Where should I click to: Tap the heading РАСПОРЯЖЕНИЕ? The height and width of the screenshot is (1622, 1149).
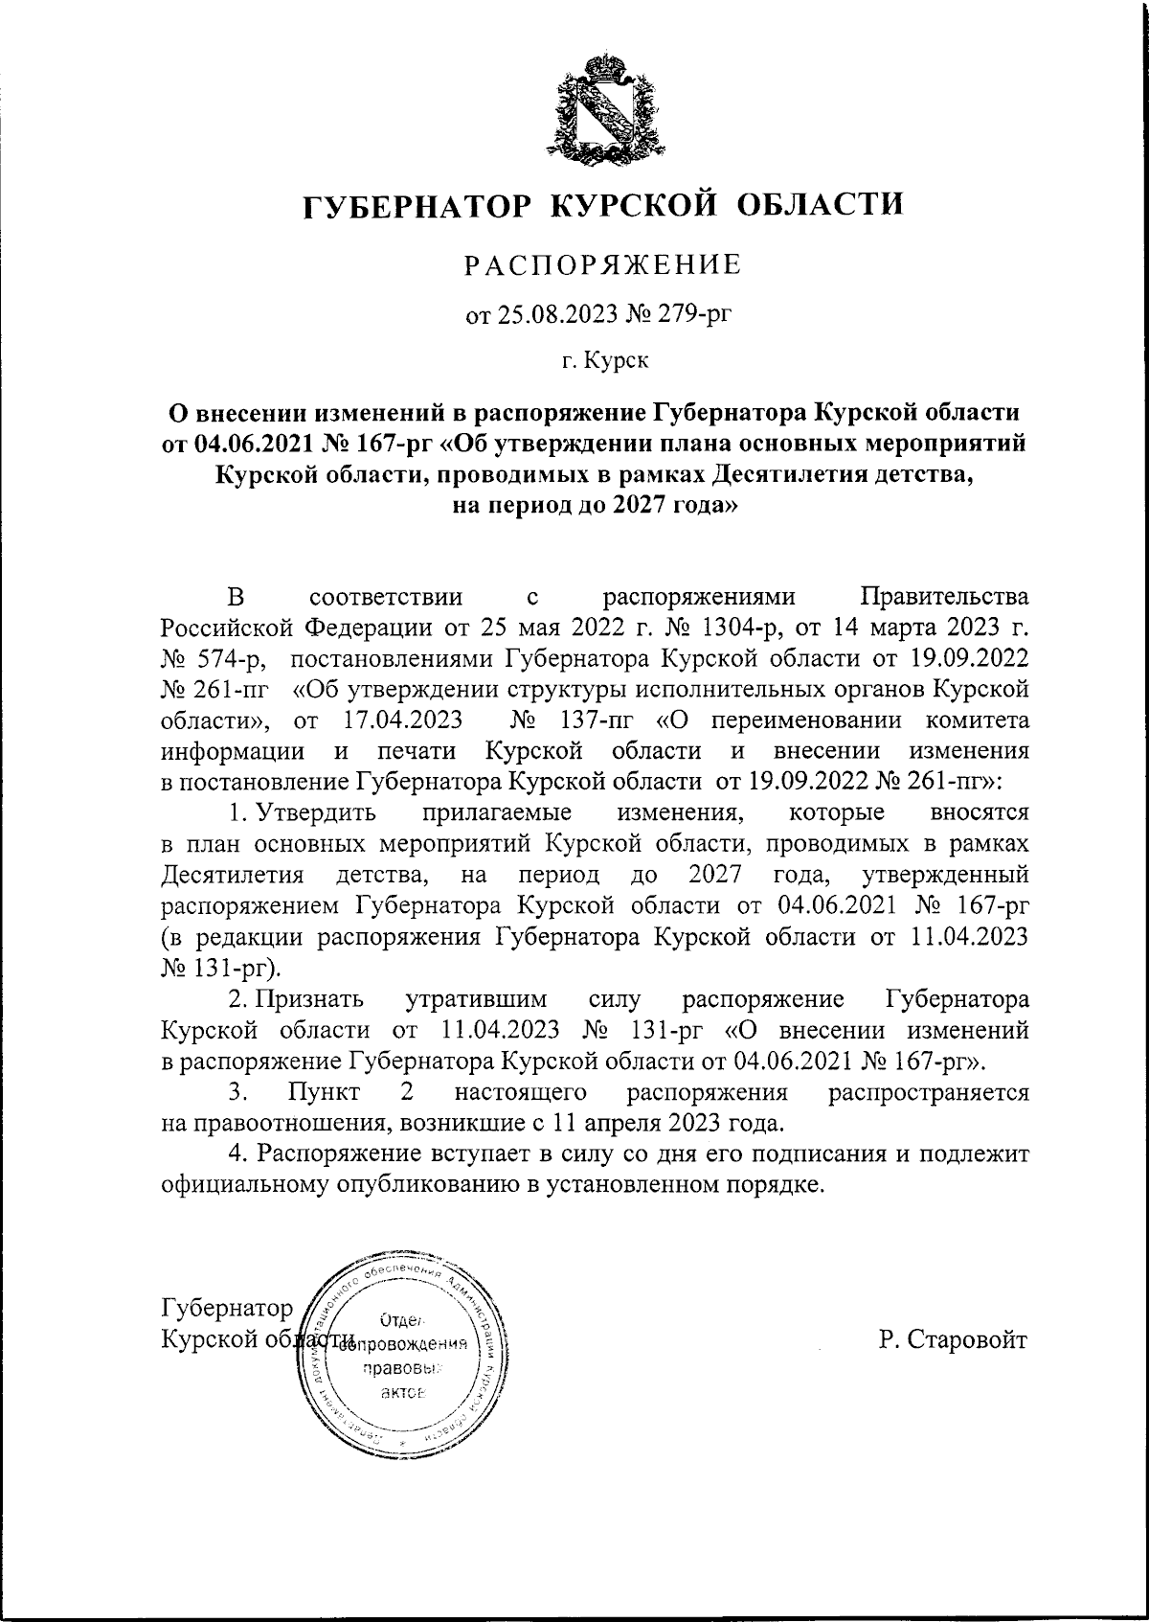(x=603, y=264)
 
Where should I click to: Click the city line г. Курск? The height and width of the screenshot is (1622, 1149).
(x=604, y=361)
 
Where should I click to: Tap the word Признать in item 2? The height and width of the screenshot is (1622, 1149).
(x=309, y=999)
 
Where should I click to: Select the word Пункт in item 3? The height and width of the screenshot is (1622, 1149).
(x=323, y=1091)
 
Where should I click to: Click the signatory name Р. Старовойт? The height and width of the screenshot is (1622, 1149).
(x=953, y=1338)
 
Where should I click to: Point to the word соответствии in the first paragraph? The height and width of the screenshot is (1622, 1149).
(x=387, y=598)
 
